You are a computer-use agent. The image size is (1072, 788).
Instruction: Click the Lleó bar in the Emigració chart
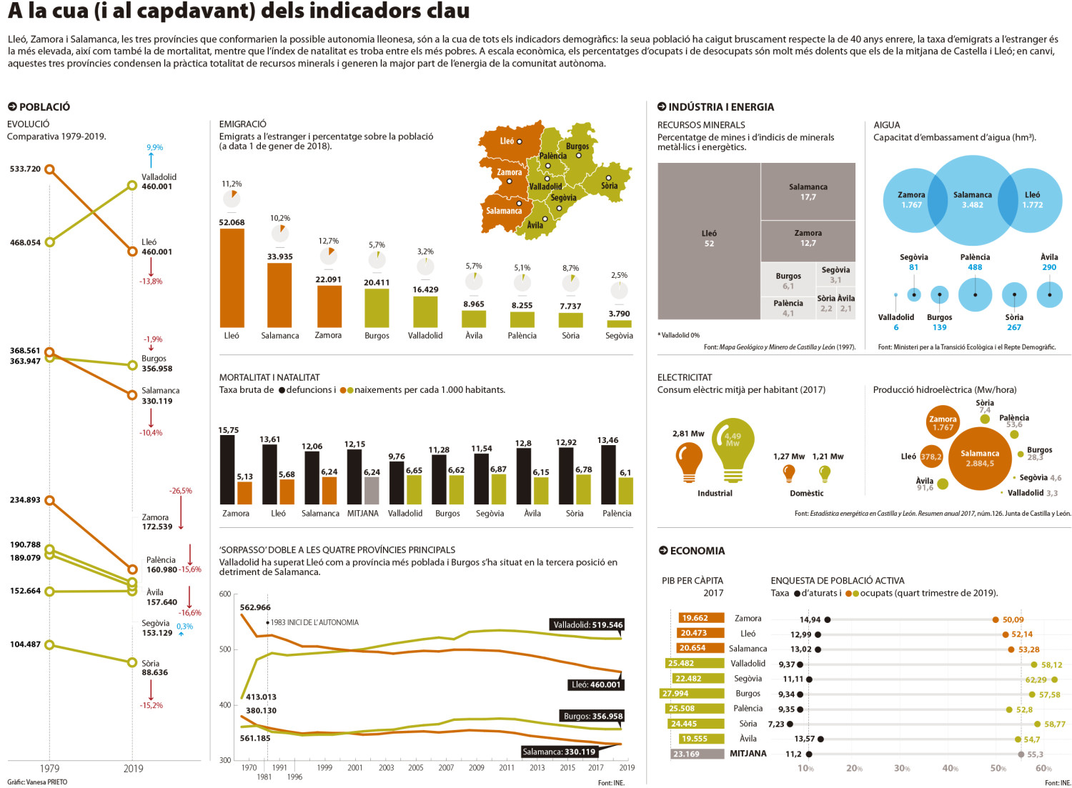click(x=232, y=278)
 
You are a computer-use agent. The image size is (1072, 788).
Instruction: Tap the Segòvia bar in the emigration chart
click(x=619, y=324)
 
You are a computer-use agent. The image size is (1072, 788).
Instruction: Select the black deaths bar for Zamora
click(x=227, y=469)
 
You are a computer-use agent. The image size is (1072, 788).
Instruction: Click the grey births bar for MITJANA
click(x=372, y=490)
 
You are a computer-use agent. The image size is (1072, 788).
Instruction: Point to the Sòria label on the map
click(x=609, y=186)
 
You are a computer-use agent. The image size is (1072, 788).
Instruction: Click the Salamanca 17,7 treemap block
click(x=808, y=191)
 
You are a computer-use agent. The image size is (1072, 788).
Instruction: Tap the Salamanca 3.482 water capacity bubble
click(x=973, y=200)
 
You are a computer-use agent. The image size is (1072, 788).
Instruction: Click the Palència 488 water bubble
click(x=975, y=295)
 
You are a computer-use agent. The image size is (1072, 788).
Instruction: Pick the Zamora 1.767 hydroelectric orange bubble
click(x=943, y=423)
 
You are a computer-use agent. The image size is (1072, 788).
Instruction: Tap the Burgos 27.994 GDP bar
click(x=692, y=694)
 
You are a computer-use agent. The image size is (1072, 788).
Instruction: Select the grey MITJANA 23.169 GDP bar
click(x=698, y=754)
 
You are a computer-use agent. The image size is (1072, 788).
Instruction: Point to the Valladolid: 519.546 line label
click(x=588, y=625)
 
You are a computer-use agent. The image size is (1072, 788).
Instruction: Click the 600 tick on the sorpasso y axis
click(x=225, y=594)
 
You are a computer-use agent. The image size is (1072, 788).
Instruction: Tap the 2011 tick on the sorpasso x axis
click(x=506, y=767)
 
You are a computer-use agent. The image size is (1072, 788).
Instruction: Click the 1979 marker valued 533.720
click(x=49, y=169)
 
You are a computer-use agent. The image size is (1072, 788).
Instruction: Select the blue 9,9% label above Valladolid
click(x=154, y=147)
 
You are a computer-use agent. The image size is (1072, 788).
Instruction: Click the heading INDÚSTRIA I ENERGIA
click(x=720, y=106)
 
